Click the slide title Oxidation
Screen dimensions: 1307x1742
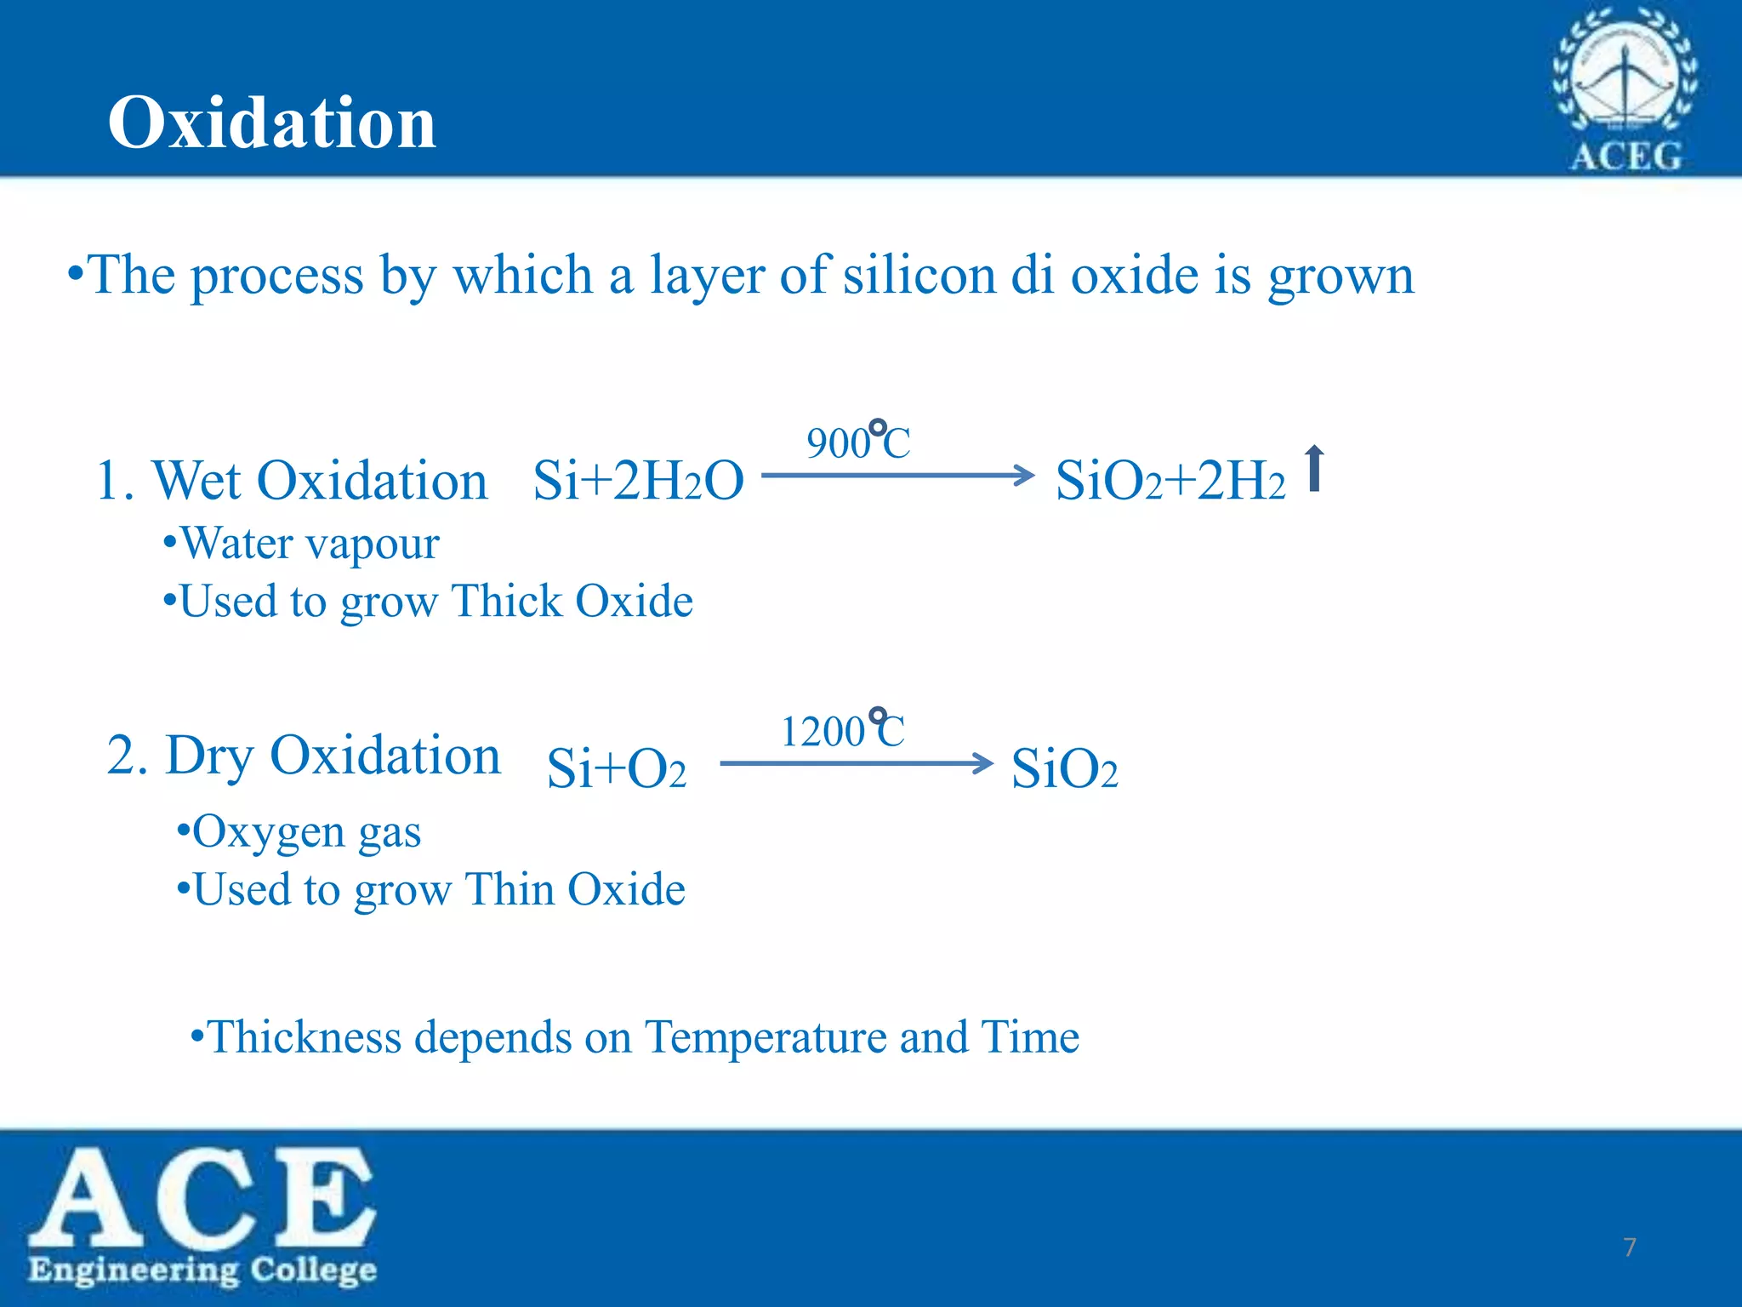(271, 123)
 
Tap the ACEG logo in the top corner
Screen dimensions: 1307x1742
(1625, 89)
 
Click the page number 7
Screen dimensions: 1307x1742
(1629, 1247)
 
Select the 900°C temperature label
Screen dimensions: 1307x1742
(858, 442)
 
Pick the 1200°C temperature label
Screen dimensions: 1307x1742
(843, 730)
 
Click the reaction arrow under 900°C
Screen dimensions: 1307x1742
(897, 475)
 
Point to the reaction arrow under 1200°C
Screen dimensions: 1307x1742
(856, 763)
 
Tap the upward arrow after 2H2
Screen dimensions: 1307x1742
(1314, 468)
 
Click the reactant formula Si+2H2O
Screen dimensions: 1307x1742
(638, 481)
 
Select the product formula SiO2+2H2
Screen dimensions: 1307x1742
(1170, 481)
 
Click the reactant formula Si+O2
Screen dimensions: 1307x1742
(616, 768)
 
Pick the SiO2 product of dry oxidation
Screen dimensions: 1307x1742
(1064, 768)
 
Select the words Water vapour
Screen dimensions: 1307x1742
(310, 543)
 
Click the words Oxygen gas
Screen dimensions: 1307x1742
(306, 831)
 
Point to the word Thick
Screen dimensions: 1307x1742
(506, 602)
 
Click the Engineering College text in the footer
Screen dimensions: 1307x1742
(202, 1270)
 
